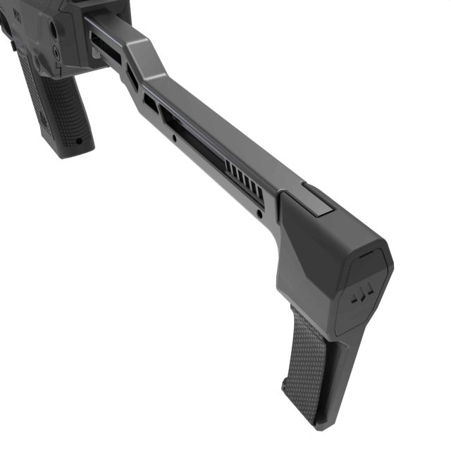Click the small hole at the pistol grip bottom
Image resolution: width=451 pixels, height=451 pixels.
pos(78,140)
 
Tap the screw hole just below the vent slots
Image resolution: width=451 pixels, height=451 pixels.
pos(260,212)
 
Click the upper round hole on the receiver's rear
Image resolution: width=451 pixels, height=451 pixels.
pos(53,29)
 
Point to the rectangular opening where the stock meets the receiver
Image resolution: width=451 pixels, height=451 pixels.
pos(103,46)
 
